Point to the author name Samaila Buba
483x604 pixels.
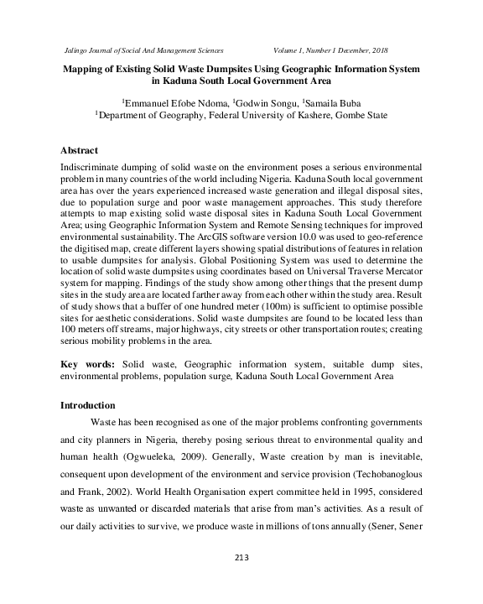click(x=336, y=102)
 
